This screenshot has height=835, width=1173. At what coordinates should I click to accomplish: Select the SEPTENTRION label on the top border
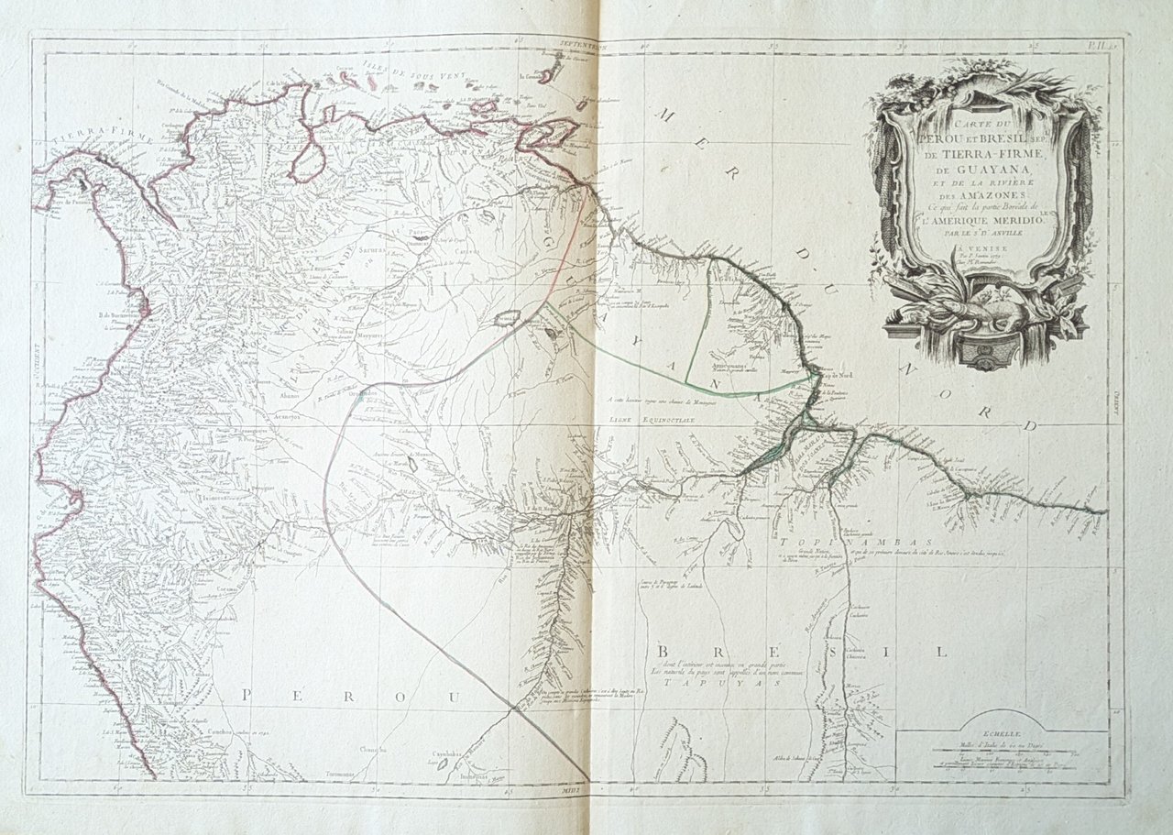click(x=585, y=42)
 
